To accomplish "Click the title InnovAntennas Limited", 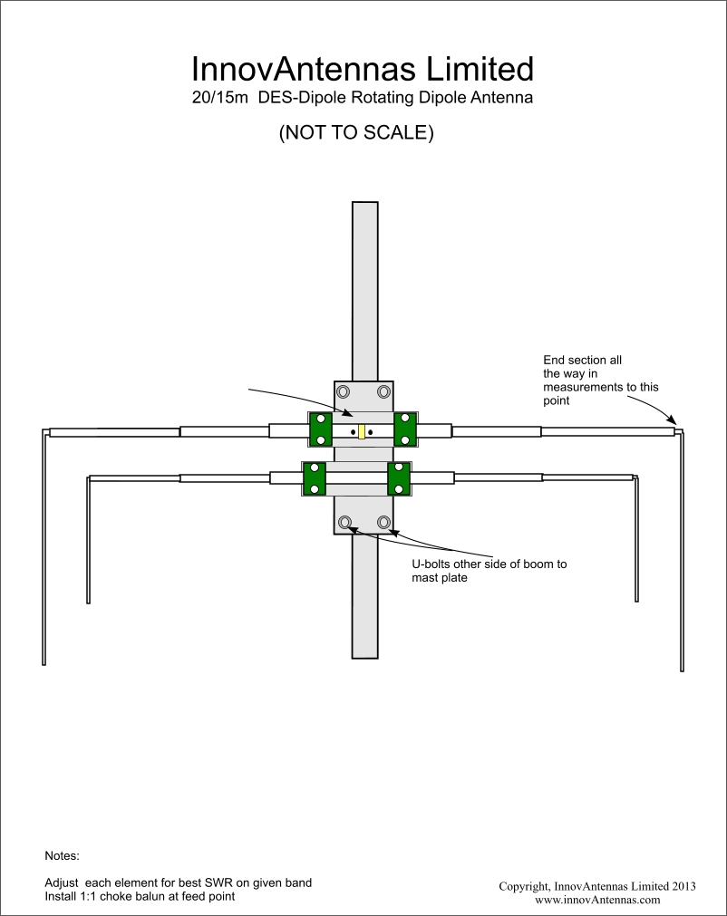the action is pos(363,69).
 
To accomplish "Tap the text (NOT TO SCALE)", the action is pos(356,132).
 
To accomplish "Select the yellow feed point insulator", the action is pos(362,431).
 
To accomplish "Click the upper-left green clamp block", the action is pos(320,429).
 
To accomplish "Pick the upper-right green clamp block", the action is pos(405,429).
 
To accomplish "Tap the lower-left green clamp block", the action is pos(315,477).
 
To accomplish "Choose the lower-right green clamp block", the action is pos(399,477).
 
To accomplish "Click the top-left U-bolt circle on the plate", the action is pos(343,391).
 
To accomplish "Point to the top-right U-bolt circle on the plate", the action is pos(384,391).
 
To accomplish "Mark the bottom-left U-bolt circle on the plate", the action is pos(344,522).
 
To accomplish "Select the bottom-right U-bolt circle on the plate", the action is pos(384,522).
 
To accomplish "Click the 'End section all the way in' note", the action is pos(601,381).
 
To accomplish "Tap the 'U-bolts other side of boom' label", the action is pos(490,571).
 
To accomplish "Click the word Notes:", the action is pos(62,856).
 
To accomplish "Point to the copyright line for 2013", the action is pos(597,886).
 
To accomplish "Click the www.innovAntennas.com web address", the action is pos(597,900).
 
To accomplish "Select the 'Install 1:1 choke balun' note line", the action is pos(140,896).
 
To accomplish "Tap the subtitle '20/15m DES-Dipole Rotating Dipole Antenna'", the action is pos(363,98).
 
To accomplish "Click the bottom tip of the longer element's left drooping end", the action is pos(44,664).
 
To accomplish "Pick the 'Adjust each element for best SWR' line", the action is pos(179,882).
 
